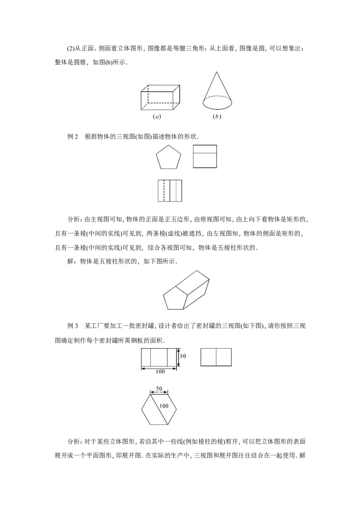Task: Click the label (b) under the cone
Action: tap(217, 117)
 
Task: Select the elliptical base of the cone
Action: tap(218, 102)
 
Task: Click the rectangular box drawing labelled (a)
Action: tap(160, 98)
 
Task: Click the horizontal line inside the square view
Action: tap(205, 153)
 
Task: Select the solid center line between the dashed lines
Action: tap(170, 191)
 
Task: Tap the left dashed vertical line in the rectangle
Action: tap(164, 191)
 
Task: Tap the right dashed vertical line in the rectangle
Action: tap(176, 191)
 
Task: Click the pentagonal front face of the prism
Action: tap(174, 299)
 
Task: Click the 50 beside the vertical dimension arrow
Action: tap(183, 356)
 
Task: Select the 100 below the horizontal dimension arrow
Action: tap(160, 372)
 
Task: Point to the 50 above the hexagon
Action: tap(159, 388)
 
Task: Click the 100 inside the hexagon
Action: tap(164, 406)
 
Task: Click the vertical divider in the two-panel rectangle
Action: tap(216, 357)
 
